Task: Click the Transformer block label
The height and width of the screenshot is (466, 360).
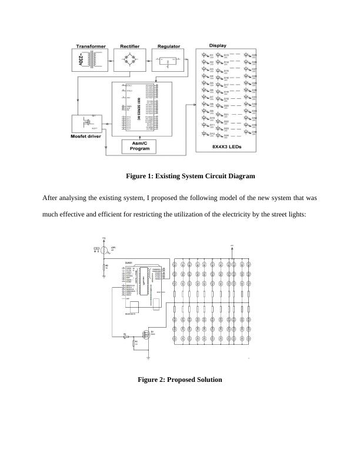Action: (x=91, y=45)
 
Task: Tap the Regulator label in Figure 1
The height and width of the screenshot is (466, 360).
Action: (x=169, y=45)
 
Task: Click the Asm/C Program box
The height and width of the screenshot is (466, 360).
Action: (x=141, y=147)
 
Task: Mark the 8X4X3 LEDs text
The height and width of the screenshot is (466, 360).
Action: (x=227, y=147)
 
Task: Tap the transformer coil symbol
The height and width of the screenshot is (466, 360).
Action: (x=93, y=60)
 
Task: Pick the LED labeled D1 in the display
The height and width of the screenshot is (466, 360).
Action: (x=205, y=56)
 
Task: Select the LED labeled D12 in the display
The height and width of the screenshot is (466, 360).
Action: (x=205, y=134)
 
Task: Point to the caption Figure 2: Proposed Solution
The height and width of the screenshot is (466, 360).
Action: (x=179, y=380)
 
